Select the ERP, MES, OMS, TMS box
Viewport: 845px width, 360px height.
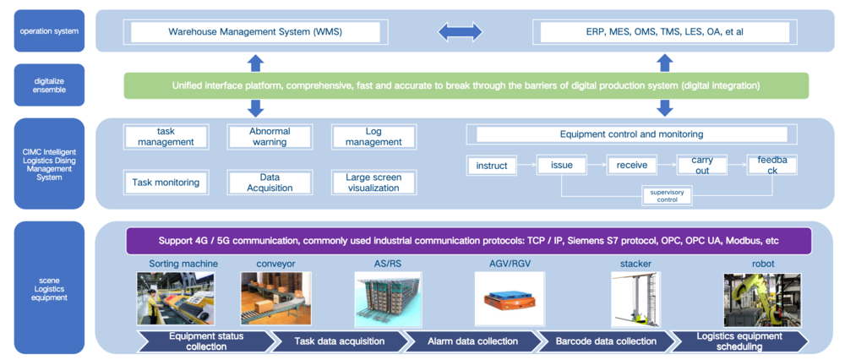tap(664, 33)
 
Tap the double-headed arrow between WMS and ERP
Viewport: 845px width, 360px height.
tap(460, 33)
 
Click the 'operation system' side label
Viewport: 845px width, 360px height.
tap(49, 31)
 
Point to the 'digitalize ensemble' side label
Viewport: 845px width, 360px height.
tap(49, 85)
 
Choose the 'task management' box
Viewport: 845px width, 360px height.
tap(166, 136)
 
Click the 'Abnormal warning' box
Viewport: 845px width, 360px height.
tap(270, 136)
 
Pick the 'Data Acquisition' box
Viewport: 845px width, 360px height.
tap(270, 182)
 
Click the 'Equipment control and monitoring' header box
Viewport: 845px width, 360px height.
tap(631, 134)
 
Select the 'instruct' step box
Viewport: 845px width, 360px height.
tap(491, 166)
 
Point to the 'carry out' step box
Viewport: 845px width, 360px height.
tap(701, 165)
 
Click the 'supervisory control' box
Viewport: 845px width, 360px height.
tap(667, 196)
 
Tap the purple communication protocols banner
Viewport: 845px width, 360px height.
tap(468, 241)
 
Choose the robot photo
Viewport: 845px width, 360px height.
tap(761, 299)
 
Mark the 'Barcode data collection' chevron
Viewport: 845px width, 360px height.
tap(606, 341)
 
